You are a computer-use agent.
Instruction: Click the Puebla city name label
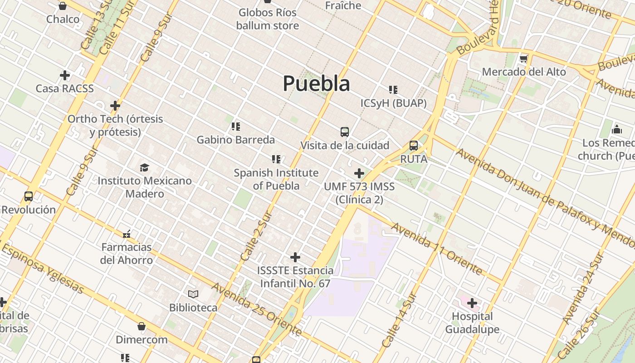(x=316, y=83)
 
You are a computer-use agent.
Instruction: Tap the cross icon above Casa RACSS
(x=65, y=75)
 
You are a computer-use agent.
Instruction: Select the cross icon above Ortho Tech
(x=115, y=106)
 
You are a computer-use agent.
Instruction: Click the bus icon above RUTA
(x=414, y=146)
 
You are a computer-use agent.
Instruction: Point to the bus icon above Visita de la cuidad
(x=345, y=132)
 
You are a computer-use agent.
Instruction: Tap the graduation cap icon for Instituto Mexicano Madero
(x=144, y=167)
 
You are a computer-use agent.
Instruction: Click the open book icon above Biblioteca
(x=193, y=294)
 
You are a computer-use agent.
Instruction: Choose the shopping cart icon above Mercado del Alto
(x=524, y=59)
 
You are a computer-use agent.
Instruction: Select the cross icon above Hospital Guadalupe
(x=472, y=303)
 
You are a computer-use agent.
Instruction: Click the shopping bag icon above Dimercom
(x=142, y=326)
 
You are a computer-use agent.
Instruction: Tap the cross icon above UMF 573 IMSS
(x=359, y=173)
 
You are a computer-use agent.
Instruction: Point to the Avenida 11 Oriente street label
(x=436, y=249)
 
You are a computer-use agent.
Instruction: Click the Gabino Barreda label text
(x=235, y=140)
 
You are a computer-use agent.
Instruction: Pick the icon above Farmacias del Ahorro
(x=127, y=234)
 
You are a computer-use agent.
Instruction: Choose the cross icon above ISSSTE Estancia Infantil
(x=295, y=257)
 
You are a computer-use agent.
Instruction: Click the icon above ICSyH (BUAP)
(x=393, y=90)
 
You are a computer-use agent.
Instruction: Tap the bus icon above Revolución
(x=29, y=196)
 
